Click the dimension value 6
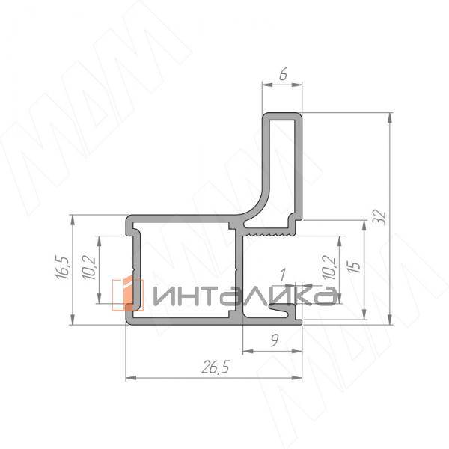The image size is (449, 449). [x=282, y=76]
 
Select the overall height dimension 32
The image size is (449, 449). [x=379, y=217]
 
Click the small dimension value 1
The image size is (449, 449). [x=282, y=275]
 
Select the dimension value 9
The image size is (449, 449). [x=275, y=341]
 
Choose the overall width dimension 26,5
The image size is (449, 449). [x=214, y=366]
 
